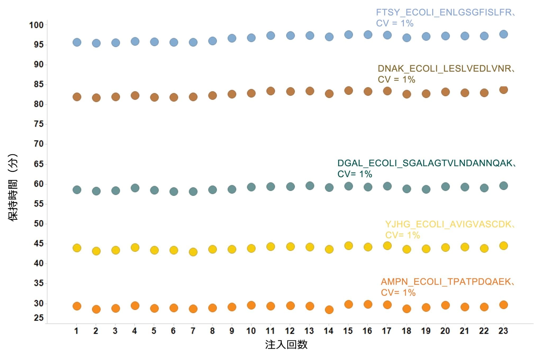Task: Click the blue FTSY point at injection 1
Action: (77, 42)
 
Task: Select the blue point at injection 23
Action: (503, 34)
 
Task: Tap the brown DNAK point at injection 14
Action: (329, 94)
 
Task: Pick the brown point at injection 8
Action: (213, 95)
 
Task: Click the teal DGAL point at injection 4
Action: (135, 188)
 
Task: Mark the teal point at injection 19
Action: (426, 189)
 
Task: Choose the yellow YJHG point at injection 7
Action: (193, 252)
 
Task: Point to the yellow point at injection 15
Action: (349, 246)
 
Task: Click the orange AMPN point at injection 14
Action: (329, 309)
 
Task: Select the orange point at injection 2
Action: (96, 309)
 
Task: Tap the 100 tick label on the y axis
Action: (37, 25)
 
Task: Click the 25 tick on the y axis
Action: (39, 318)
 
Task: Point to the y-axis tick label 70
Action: (39, 144)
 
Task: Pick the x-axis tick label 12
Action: (290, 331)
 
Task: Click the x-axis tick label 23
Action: (503, 331)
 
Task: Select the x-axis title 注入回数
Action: (286, 345)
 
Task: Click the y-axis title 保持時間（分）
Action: (13, 187)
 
